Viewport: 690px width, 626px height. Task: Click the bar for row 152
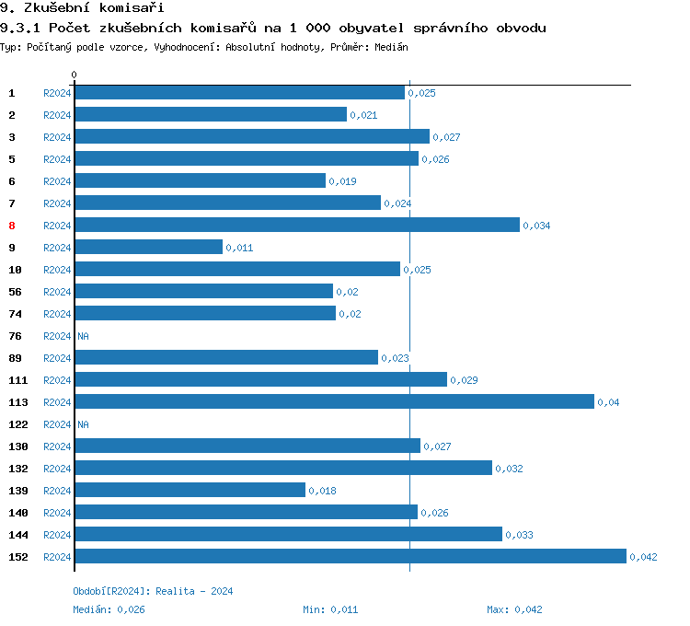pos(350,556)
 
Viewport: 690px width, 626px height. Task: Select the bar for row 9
pos(148,247)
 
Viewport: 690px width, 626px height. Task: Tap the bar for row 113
pos(334,401)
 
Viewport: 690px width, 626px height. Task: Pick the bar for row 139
pos(190,490)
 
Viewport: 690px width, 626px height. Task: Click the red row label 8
pos(12,226)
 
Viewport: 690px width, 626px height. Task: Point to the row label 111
pos(17,380)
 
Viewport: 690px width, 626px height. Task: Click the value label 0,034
pos(536,226)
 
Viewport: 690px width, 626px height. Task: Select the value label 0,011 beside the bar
pos(239,248)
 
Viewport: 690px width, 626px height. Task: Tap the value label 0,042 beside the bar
pos(643,557)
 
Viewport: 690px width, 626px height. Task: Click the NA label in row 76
pos(83,336)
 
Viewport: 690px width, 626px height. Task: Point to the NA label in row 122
pos(83,424)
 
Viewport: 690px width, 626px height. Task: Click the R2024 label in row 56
pos(57,292)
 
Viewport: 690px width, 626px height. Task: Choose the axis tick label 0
pos(75,75)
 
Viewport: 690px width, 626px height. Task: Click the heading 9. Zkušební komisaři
pos(75,8)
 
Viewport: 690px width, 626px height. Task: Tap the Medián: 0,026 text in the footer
pos(109,609)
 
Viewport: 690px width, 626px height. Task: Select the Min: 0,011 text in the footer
pos(330,609)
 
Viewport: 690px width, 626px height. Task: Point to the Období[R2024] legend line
pos(153,591)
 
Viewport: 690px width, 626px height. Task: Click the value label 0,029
pos(464,380)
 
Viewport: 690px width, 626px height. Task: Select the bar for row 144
pos(288,534)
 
